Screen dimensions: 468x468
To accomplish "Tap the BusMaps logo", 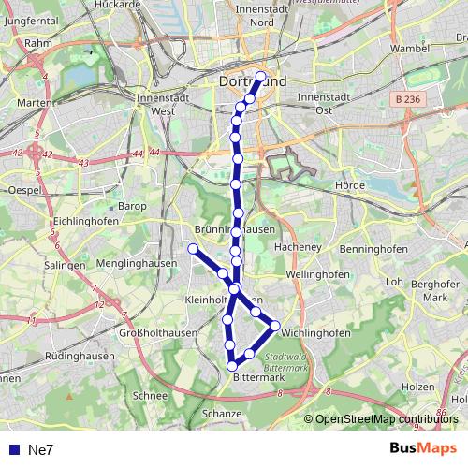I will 423,448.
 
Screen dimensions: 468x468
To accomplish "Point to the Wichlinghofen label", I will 315,332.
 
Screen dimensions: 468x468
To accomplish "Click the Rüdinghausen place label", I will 79,356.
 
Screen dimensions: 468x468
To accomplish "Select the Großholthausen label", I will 156,333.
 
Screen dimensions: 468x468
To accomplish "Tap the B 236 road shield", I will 405,97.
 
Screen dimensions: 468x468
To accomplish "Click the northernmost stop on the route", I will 261,77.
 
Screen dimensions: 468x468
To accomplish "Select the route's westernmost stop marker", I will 193,248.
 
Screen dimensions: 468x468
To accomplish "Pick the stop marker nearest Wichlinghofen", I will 275,326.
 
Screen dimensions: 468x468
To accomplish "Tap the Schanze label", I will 223,413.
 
